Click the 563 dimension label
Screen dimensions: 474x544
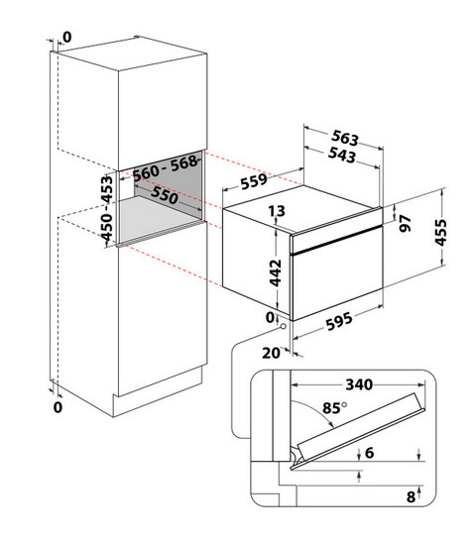point(345,138)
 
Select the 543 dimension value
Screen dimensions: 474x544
point(342,155)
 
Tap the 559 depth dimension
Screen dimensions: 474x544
point(254,181)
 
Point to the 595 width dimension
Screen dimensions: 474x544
point(339,321)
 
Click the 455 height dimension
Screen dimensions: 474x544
point(441,232)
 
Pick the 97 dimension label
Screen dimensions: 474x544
point(406,223)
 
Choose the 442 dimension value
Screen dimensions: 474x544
point(276,272)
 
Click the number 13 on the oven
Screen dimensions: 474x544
point(277,211)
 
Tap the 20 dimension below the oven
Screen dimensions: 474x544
point(271,353)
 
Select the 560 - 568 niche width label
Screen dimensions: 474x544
point(166,167)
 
